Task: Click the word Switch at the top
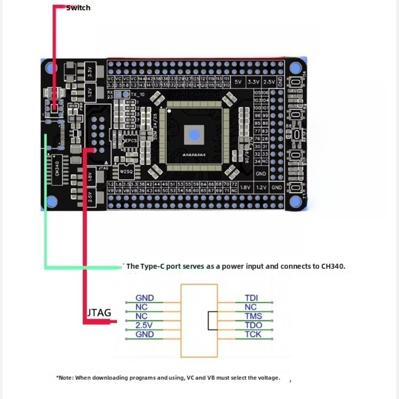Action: pos(78,7)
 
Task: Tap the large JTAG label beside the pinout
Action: pos(99,313)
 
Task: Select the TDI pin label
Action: pos(251,298)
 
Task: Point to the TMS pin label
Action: pos(253,316)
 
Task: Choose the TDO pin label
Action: pos(253,325)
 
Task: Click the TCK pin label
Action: pos(253,334)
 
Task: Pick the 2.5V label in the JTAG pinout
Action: pos(144,325)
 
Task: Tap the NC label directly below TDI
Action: pos(251,307)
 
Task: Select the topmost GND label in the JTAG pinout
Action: pos(145,298)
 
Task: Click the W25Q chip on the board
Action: pos(125,171)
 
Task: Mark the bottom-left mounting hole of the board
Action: pos(51,202)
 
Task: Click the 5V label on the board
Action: pos(238,82)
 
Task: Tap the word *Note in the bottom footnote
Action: pos(64,378)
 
